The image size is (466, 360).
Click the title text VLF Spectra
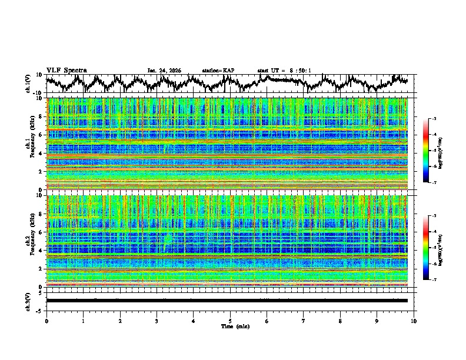click(x=66, y=70)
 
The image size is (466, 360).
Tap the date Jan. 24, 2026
click(x=164, y=71)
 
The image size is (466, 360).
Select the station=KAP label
click(x=218, y=71)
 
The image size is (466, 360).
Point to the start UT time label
click(x=284, y=71)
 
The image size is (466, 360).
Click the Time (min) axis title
click(x=230, y=326)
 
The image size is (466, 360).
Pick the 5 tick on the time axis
click(x=230, y=321)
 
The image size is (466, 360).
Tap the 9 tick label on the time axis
click(x=377, y=321)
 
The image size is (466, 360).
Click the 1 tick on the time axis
click(x=83, y=321)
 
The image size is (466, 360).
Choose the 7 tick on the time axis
click(x=304, y=321)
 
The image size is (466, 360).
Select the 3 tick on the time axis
click(x=157, y=321)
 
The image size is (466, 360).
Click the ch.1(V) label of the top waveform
click(x=28, y=84)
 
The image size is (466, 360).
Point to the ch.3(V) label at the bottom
click(x=28, y=301)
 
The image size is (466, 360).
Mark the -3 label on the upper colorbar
click(x=434, y=119)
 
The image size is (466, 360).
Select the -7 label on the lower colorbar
click(x=434, y=279)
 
